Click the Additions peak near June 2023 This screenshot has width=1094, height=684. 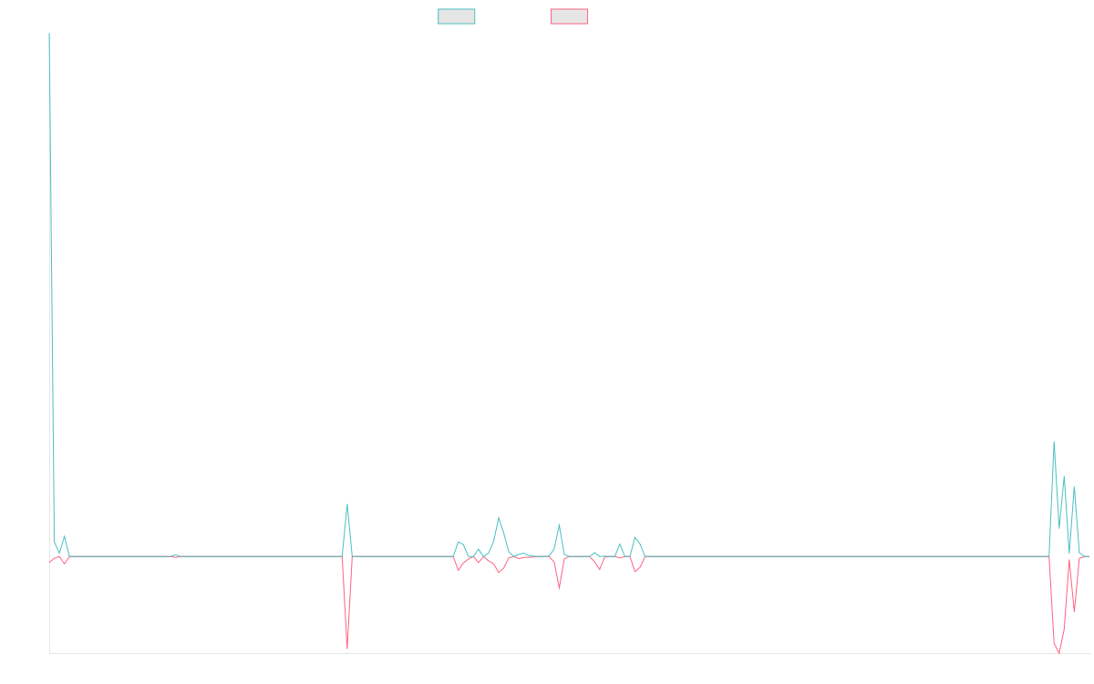click(347, 504)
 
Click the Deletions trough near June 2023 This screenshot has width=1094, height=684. click(347, 648)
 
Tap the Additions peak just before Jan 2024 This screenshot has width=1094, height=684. click(499, 518)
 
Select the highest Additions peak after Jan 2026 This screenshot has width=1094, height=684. click(1054, 442)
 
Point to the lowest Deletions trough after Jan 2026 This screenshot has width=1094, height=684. click(1058, 653)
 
